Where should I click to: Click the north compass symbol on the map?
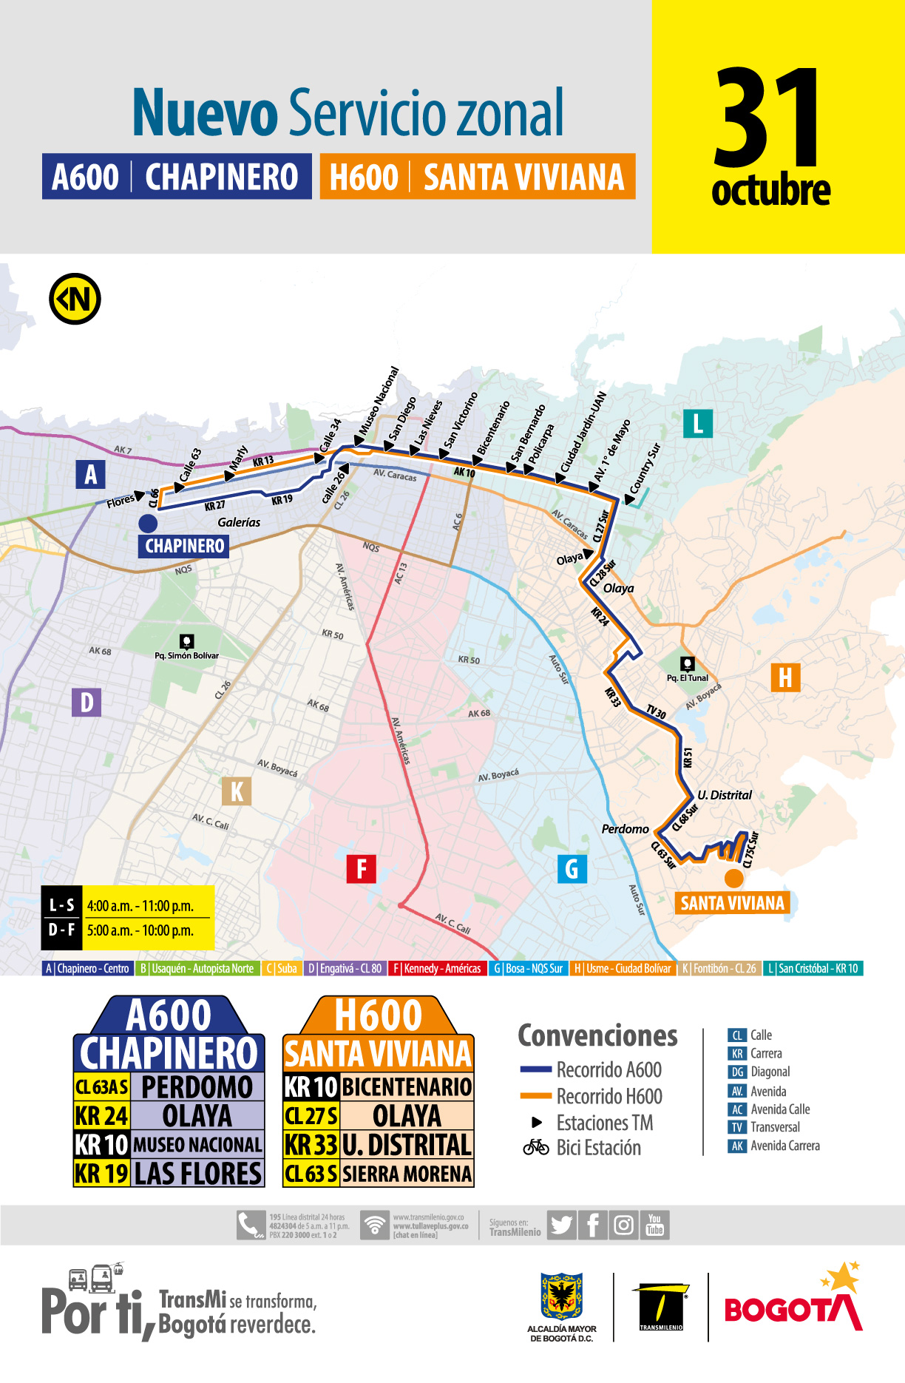[75, 300]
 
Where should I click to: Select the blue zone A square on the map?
[90, 474]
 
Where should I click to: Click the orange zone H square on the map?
[785, 677]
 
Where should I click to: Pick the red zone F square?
[362, 868]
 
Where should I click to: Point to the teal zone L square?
[697, 424]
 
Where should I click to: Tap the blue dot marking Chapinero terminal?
[148, 524]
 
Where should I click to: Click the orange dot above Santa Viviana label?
[733, 879]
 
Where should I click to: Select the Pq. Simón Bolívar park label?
[186, 655]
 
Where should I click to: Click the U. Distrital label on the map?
[725, 795]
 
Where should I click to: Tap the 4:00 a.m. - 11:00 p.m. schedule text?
[140, 906]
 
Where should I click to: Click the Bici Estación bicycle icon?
[536, 1148]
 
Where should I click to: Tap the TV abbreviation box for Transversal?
[737, 1127]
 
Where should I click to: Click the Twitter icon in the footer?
[561, 1225]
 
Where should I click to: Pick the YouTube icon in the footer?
[655, 1225]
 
